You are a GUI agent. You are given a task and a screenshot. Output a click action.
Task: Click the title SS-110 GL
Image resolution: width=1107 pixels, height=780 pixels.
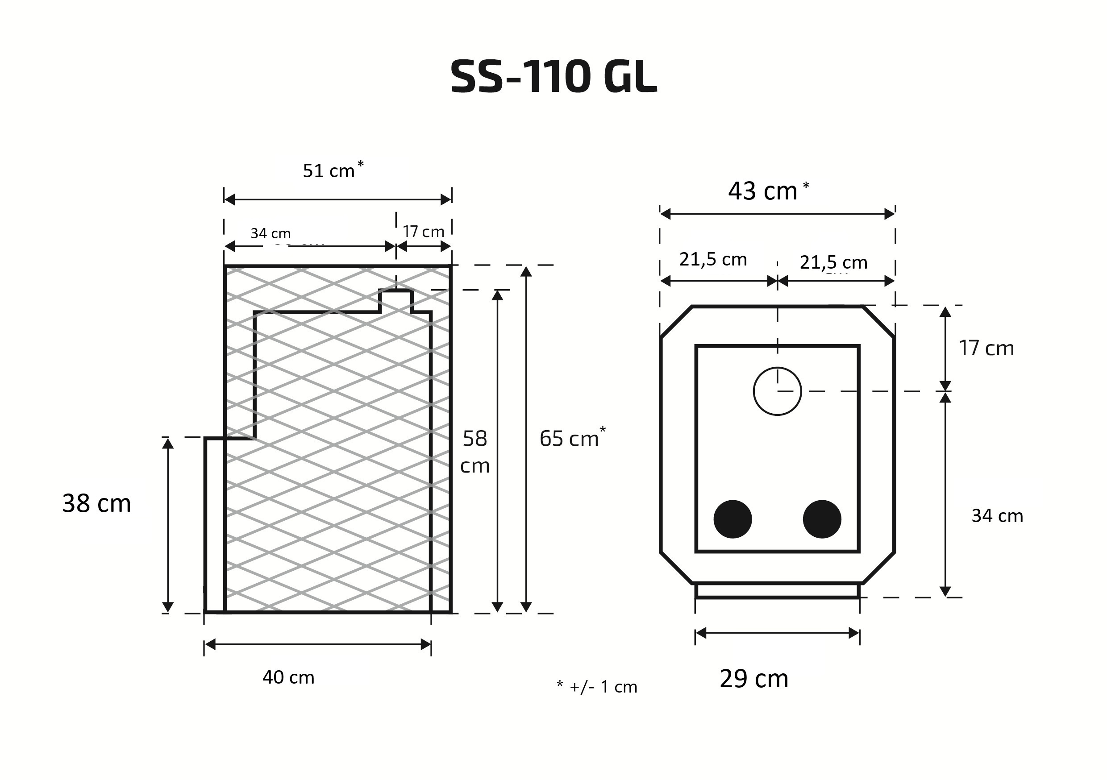coord(553,77)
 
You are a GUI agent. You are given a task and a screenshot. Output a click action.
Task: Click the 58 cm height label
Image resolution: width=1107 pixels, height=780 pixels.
coord(475,452)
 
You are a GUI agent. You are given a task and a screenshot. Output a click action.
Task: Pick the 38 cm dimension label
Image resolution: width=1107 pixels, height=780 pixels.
coord(96,503)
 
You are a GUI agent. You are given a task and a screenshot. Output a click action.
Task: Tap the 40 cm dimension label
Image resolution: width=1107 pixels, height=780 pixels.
coord(288,677)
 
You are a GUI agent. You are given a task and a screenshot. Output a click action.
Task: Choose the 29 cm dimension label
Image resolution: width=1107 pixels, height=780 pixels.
coord(754,679)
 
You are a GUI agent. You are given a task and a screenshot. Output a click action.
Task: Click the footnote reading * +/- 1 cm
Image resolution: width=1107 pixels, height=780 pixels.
coord(597,686)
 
